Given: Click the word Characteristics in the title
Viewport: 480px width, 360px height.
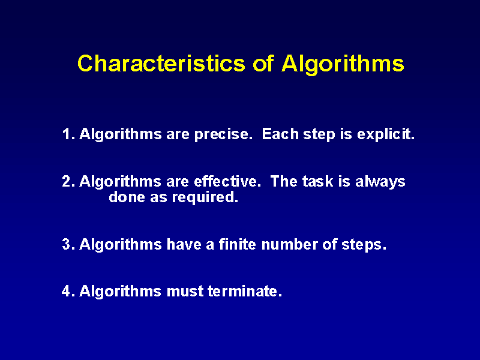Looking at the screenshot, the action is (x=161, y=64).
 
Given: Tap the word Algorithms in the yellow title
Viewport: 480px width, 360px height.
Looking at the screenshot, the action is (x=343, y=65).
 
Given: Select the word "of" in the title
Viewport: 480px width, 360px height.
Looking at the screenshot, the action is (x=263, y=64).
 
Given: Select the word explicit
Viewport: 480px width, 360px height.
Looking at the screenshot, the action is (x=386, y=134).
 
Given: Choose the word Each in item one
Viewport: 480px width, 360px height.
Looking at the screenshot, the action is (x=280, y=134).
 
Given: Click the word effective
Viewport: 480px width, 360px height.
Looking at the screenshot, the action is (x=227, y=181).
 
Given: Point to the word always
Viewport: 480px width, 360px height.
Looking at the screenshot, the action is (x=380, y=182).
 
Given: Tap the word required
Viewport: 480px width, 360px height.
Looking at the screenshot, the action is (x=205, y=197).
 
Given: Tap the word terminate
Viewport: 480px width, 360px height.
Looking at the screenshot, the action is (x=245, y=291).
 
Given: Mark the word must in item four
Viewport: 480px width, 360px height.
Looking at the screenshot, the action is (x=185, y=291).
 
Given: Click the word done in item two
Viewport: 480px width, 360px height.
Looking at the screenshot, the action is (x=127, y=197).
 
